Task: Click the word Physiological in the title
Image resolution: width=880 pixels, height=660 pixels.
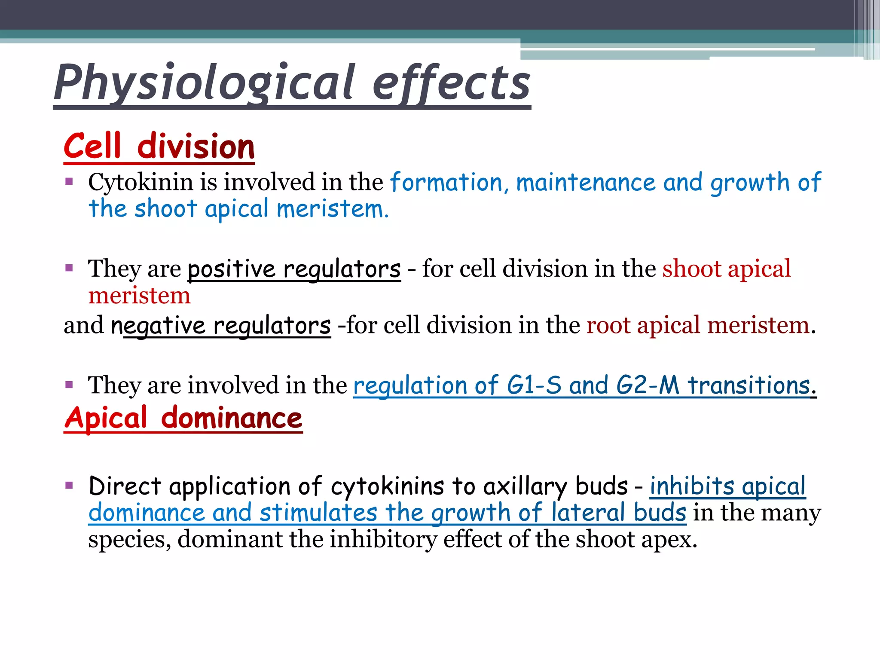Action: click(x=204, y=82)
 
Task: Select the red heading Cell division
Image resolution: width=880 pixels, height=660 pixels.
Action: click(x=159, y=147)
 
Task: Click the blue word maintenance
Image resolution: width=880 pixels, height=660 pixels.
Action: click(x=586, y=182)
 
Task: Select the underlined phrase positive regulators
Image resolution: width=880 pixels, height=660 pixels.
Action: click(x=294, y=269)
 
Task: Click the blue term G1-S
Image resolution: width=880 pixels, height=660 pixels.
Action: click(x=534, y=385)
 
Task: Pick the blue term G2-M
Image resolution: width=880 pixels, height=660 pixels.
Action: click(x=648, y=385)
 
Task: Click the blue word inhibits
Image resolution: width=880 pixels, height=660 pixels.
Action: click(x=692, y=486)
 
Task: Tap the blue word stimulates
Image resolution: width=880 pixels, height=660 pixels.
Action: click(x=318, y=513)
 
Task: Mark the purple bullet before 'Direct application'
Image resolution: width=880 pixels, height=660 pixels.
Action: click(x=69, y=486)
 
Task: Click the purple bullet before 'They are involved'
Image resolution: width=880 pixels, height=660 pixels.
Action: click(x=69, y=384)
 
